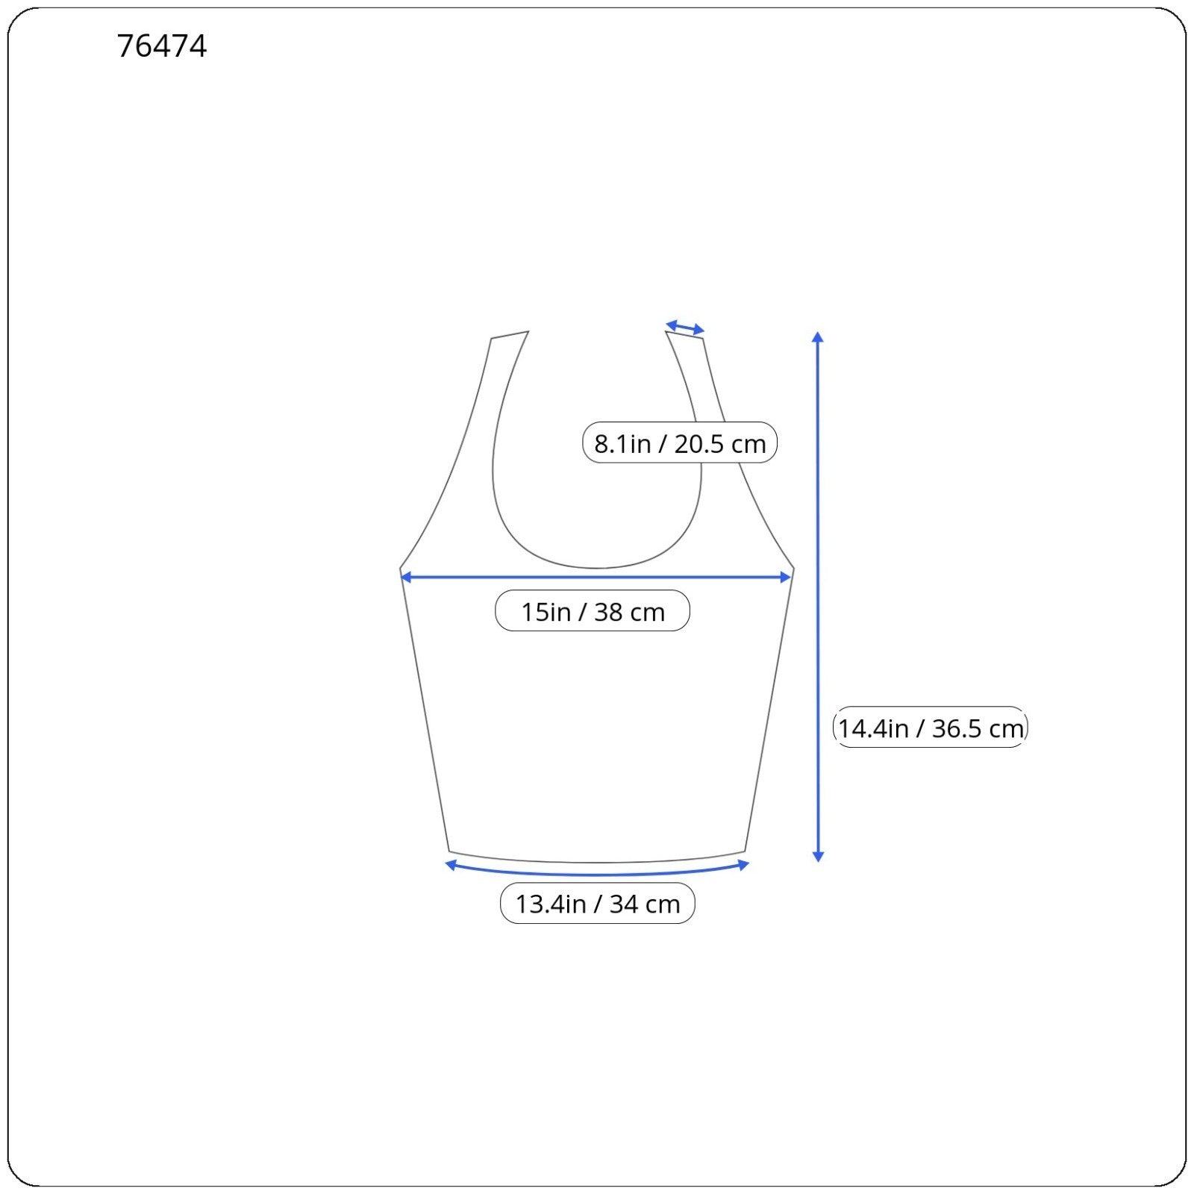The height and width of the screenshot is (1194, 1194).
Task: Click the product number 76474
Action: (x=162, y=46)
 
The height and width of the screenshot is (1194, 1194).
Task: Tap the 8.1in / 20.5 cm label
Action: (x=680, y=443)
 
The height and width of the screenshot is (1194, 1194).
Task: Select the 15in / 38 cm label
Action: (x=593, y=611)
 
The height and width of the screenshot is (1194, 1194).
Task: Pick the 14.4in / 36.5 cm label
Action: (x=931, y=728)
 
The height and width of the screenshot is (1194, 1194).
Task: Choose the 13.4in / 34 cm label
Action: (x=598, y=904)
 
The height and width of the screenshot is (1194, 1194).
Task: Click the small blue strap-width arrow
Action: (x=685, y=327)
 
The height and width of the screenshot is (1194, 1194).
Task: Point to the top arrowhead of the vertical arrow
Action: (x=818, y=337)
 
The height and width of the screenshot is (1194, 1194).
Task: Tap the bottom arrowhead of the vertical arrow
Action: (x=818, y=857)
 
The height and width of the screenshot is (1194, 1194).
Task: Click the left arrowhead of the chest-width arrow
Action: (x=406, y=577)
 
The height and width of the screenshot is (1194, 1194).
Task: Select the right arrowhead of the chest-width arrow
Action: (x=785, y=577)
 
